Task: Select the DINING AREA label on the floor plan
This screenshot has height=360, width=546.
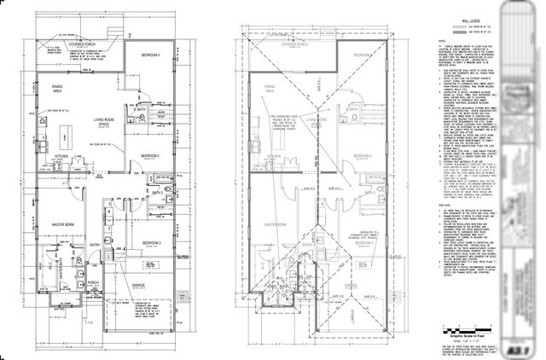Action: point(58,88)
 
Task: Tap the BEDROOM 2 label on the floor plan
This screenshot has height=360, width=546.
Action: point(151,155)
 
